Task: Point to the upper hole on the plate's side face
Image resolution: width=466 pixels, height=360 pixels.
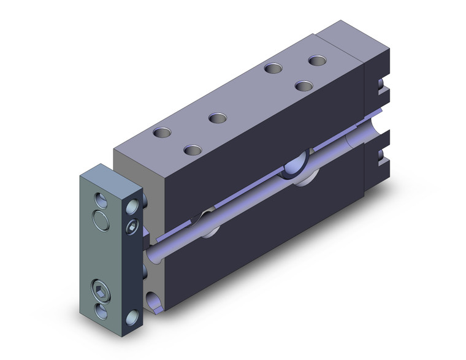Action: pos(132,207)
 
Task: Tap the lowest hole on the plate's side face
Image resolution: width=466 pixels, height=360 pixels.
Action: pos(132,317)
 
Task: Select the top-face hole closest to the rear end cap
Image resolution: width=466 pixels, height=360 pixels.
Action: pos(317,61)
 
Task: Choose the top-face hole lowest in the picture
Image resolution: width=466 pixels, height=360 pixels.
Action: pos(193,150)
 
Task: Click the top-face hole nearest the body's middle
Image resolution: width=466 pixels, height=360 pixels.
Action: pos(216,117)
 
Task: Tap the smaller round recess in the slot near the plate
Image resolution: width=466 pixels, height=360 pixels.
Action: pos(206,223)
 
